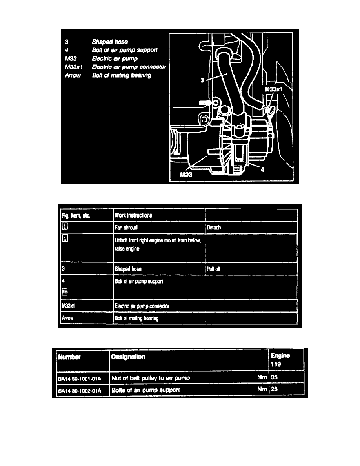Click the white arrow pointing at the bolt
204,102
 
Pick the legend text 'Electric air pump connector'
129,67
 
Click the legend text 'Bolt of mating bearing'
121,75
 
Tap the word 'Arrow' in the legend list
73,75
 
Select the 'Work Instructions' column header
133,215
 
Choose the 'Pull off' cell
214,269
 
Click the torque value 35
275,377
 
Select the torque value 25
275,390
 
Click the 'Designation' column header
128,357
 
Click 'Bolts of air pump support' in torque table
145,390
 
